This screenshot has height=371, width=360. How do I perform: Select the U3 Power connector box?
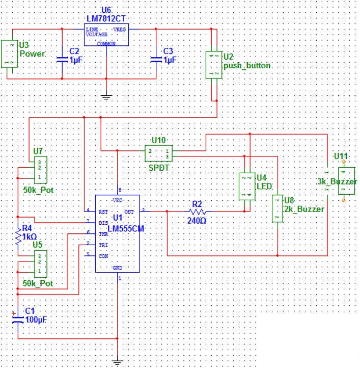(10, 54)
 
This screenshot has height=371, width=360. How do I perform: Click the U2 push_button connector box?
(214, 64)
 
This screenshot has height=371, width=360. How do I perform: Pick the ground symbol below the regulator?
(106, 95)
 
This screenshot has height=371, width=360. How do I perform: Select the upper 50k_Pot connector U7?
(40, 171)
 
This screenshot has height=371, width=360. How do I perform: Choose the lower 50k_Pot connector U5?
(40, 262)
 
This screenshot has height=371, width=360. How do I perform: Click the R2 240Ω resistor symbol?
(197, 210)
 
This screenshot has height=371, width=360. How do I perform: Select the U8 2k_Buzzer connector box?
(278, 208)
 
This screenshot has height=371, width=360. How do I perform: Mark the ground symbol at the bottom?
(118, 362)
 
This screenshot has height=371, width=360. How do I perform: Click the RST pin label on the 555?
(103, 210)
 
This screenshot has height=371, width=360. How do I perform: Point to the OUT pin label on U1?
(129, 210)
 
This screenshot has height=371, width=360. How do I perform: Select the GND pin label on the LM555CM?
(118, 267)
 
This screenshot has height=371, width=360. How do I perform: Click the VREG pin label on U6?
(119, 30)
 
